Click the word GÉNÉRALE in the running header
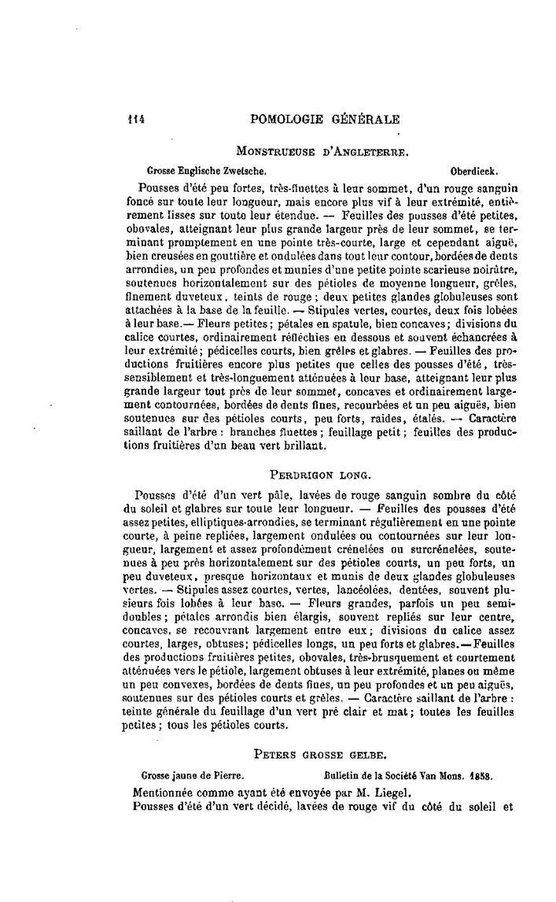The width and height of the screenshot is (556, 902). pos(365,120)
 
